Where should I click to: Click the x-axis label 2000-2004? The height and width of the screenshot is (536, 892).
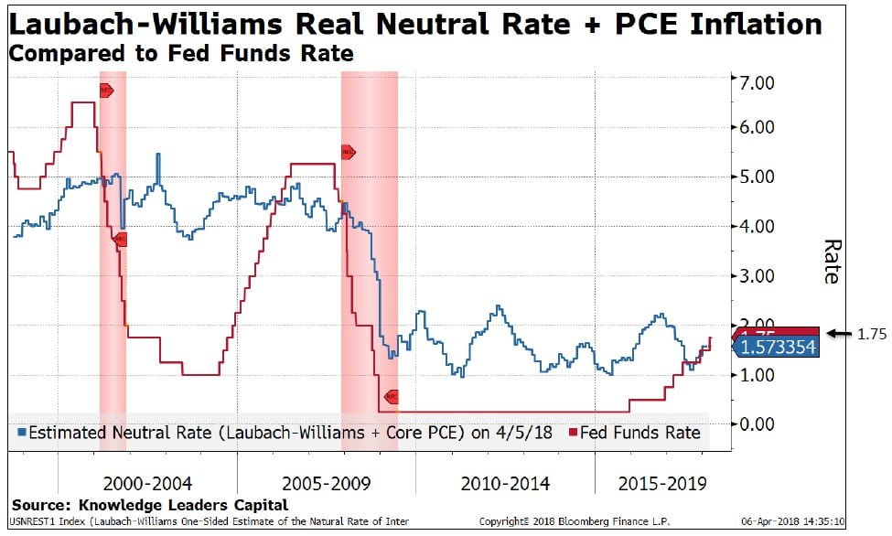147,482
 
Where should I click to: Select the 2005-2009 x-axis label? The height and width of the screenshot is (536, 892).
327,482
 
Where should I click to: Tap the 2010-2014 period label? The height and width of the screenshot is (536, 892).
505,482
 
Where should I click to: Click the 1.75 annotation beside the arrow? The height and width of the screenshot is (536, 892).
871,335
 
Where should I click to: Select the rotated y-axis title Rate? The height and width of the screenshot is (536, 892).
832,262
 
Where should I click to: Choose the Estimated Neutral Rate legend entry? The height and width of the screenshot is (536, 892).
284,433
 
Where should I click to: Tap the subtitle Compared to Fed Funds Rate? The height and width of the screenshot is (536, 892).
180,53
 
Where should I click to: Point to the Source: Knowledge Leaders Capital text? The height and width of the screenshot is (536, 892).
149,505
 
